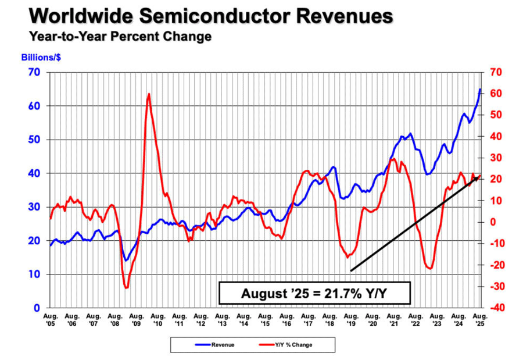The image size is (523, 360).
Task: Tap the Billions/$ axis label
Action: (x=41, y=58)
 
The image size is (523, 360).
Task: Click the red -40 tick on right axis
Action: (x=492, y=308)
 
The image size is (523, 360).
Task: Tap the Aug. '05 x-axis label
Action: (x=50, y=319)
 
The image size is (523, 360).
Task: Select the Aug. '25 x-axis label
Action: (x=479, y=319)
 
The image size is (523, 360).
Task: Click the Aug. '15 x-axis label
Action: (x=265, y=319)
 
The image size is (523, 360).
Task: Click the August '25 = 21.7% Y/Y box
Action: (x=315, y=293)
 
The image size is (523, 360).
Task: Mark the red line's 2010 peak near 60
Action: (x=149, y=94)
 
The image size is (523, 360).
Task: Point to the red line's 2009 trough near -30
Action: (x=126, y=287)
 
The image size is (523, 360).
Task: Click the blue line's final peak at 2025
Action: (x=480, y=90)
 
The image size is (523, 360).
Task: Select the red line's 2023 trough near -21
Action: (x=430, y=268)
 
